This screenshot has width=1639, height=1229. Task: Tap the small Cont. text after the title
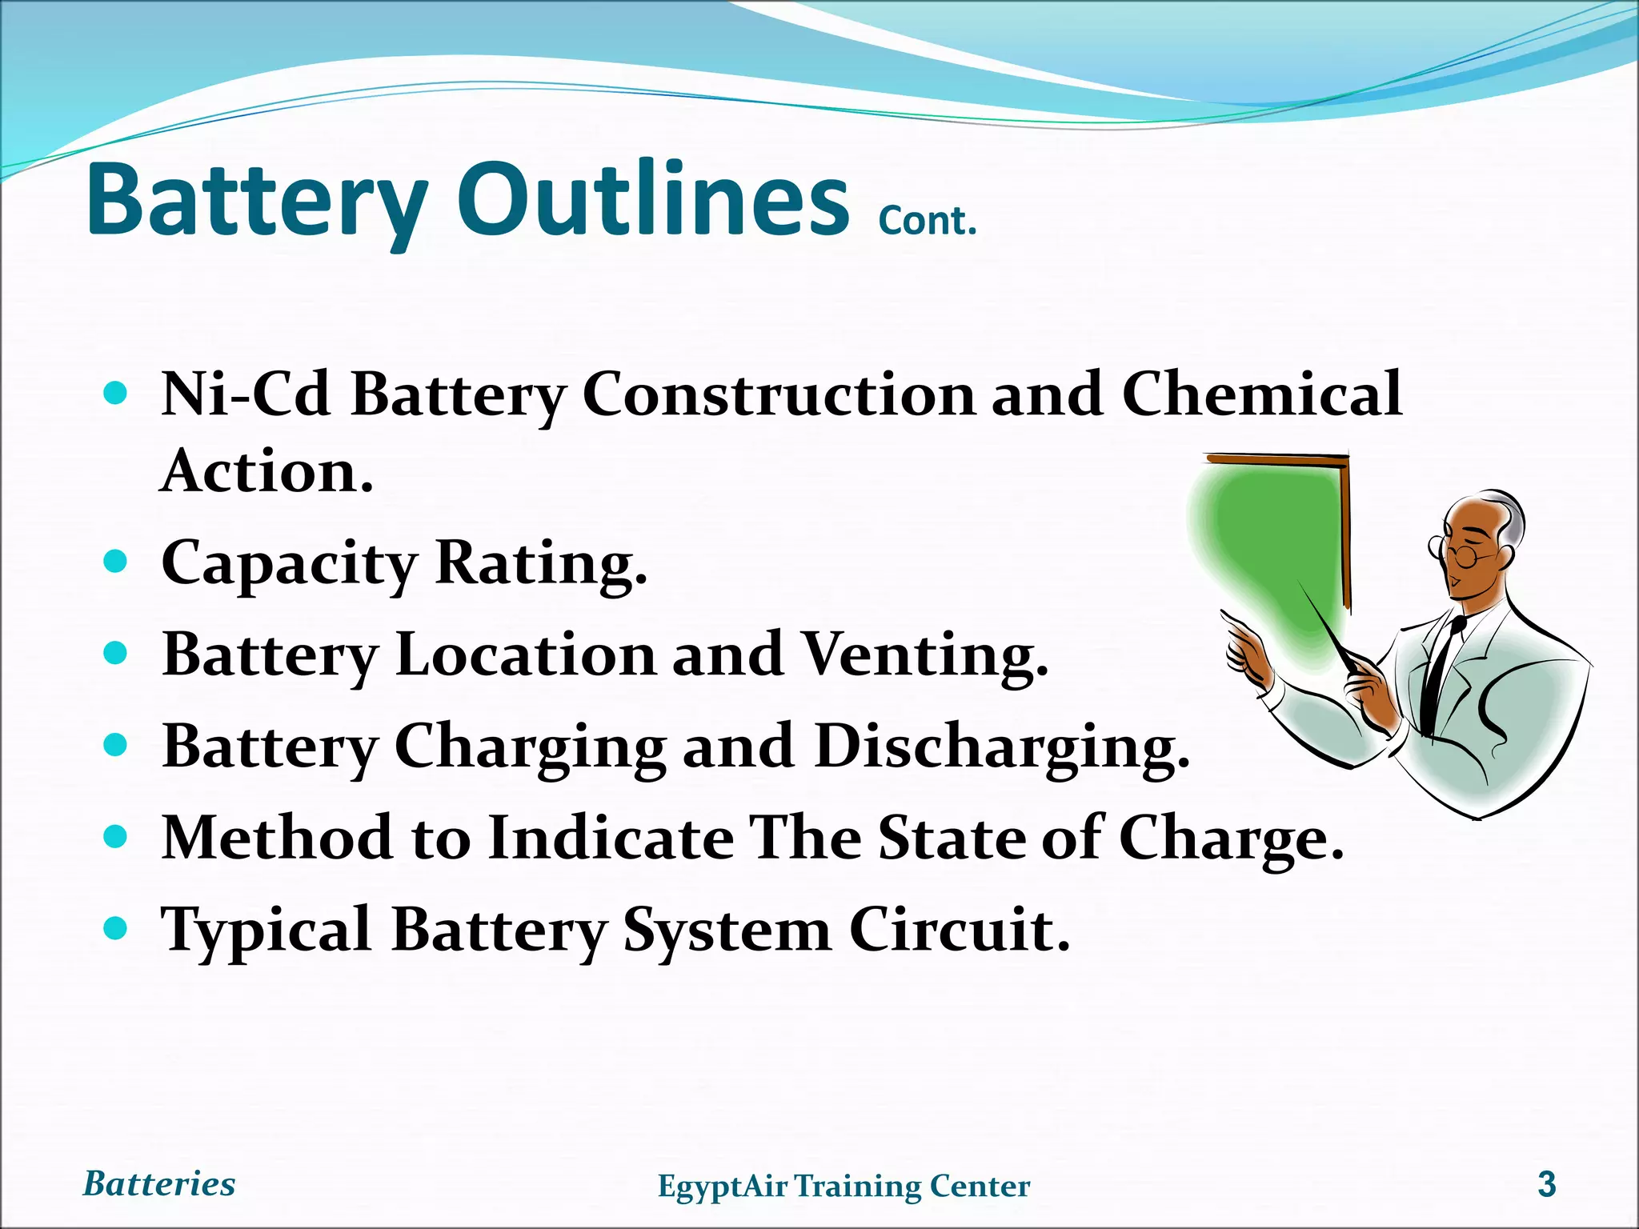[x=928, y=221]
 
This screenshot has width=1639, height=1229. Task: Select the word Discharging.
[x=1002, y=747]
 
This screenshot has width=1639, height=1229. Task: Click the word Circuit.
[x=959, y=930]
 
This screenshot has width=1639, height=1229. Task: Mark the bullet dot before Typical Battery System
[x=116, y=928]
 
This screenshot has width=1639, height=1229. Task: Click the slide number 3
[x=1547, y=1184]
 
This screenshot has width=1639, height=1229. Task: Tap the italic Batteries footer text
[x=159, y=1184]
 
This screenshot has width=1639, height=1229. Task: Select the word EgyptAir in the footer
[x=723, y=1187]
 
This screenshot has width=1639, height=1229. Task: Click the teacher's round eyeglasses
[x=1461, y=553]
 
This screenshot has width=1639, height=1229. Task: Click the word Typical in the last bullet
[x=266, y=930]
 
